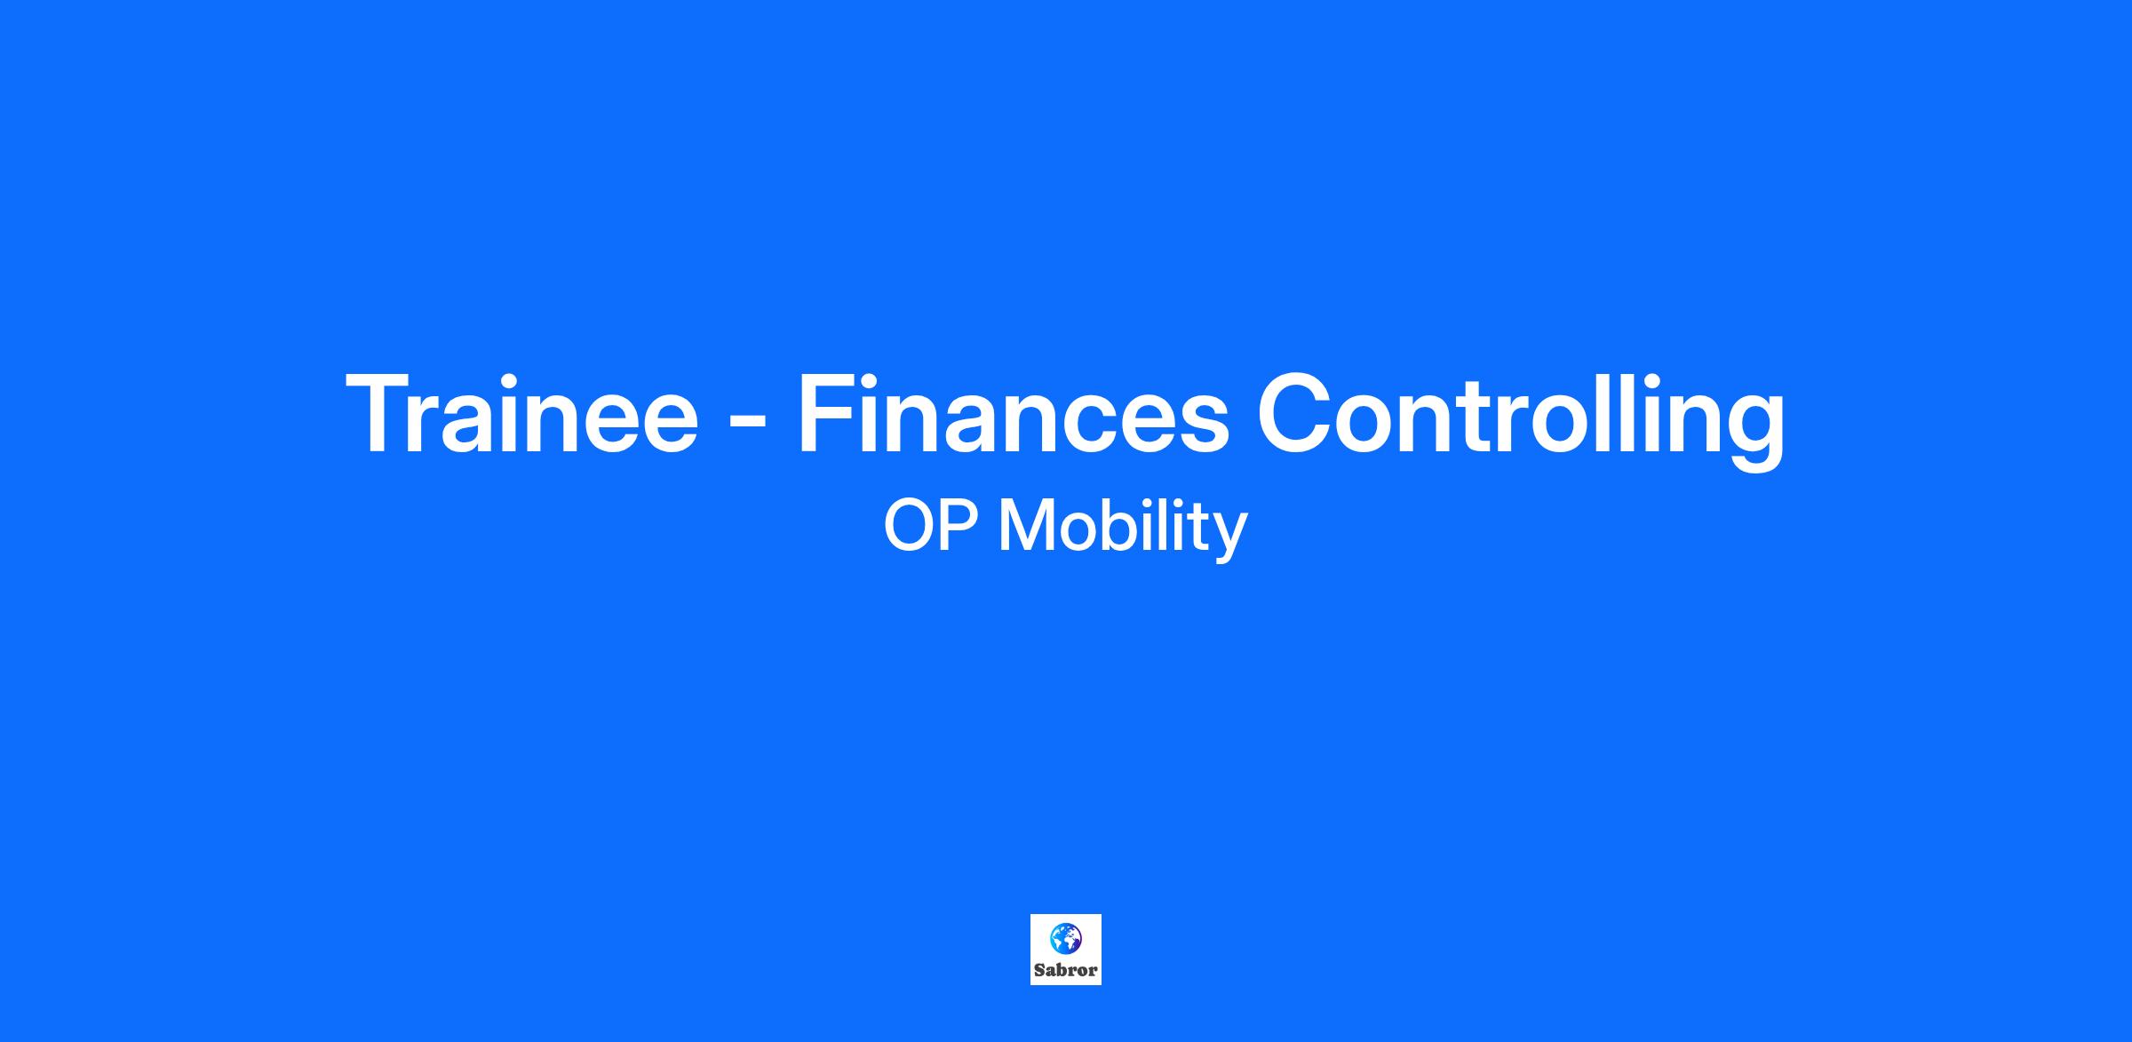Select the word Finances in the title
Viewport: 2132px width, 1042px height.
pyautogui.click(x=1014, y=414)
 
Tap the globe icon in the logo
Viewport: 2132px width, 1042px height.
pyautogui.click(x=1066, y=937)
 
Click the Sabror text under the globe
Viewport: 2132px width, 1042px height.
pyautogui.click(x=1066, y=970)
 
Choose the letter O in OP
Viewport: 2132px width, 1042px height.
pyautogui.click(x=909, y=527)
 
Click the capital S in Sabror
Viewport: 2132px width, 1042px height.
pyautogui.click(x=1040, y=970)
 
